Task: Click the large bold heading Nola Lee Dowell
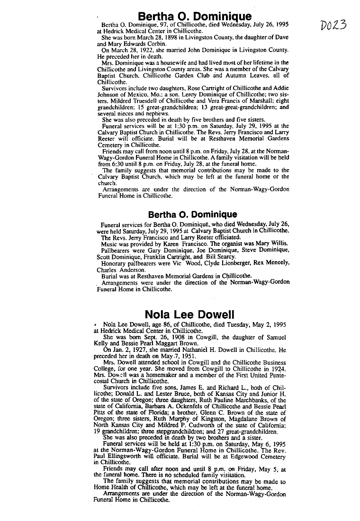point(189,314)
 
